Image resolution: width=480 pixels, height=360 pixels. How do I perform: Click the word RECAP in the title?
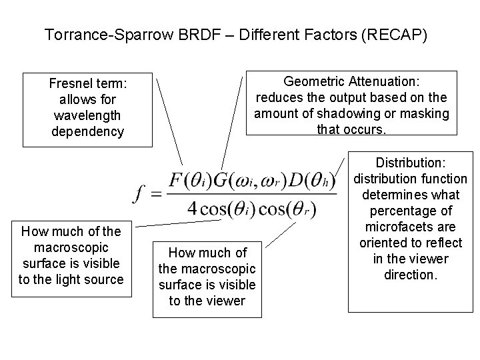click(398, 34)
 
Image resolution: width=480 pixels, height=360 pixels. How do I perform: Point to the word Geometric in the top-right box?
click(311, 81)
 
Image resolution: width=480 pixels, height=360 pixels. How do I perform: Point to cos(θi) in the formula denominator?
click(227, 208)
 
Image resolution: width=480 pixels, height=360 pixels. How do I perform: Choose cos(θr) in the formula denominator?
click(287, 208)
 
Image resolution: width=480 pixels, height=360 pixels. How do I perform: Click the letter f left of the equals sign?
click(140, 193)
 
